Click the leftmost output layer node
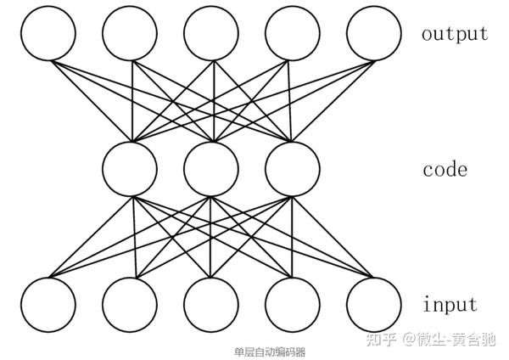click(x=48, y=34)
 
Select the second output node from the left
click(x=130, y=34)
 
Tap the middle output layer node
click(x=211, y=34)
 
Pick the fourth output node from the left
click(x=293, y=34)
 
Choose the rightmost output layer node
click(x=374, y=34)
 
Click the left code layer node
click(x=130, y=168)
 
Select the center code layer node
click(x=211, y=168)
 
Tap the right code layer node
click(x=293, y=168)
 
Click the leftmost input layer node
click(x=48, y=303)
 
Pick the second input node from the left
click(x=130, y=303)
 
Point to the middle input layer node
click(x=211, y=303)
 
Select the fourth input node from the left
click(x=293, y=303)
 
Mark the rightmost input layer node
click(x=374, y=303)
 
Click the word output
click(x=455, y=34)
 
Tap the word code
click(x=445, y=169)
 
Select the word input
click(x=450, y=304)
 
